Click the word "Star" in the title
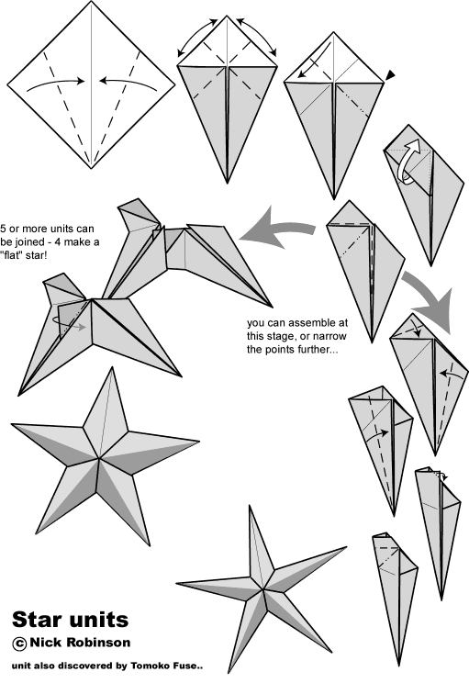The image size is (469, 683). click(x=37, y=619)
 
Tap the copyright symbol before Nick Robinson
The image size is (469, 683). click(x=19, y=644)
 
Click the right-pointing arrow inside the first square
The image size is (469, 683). click(x=56, y=84)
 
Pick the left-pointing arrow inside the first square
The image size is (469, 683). click(x=128, y=83)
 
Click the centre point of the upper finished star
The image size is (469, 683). click(x=99, y=458)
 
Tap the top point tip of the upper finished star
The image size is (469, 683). click(x=112, y=367)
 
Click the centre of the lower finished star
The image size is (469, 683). click(x=263, y=589)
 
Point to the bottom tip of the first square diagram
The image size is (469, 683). click(x=92, y=168)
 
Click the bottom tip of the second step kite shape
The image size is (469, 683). click(x=227, y=183)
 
